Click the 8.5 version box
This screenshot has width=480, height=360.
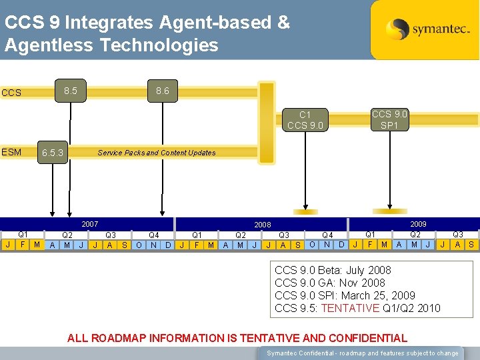click(x=70, y=90)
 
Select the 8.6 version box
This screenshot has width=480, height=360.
click(x=162, y=90)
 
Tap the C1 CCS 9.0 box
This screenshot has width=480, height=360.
click(x=305, y=119)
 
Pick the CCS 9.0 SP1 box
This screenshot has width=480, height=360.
click(x=389, y=119)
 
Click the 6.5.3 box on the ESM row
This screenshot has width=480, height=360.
click(x=53, y=153)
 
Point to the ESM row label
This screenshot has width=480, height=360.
click(x=11, y=152)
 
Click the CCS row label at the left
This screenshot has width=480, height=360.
click(x=11, y=93)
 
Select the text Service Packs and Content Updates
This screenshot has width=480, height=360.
click(x=157, y=153)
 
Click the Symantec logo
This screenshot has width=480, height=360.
click(x=424, y=29)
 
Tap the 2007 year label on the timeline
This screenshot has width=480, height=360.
click(x=89, y=225)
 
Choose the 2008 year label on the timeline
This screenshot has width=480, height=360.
click(x=263, y=225)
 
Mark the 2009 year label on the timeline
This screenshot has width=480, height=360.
click(x=418, y=224)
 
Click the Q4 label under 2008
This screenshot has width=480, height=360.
click(x=327, y=235)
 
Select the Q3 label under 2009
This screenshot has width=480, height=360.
click(x=458, y=234)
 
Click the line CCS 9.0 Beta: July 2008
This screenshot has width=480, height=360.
click(x=333, y=270)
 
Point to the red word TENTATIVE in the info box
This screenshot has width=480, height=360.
click(x=352, y=308)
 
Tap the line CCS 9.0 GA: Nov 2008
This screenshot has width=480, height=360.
click(x=329, y=283)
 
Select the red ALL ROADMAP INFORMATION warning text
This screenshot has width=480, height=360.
click(x=237, y=338)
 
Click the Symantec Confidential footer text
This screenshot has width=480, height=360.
click(x=363, y=353)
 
